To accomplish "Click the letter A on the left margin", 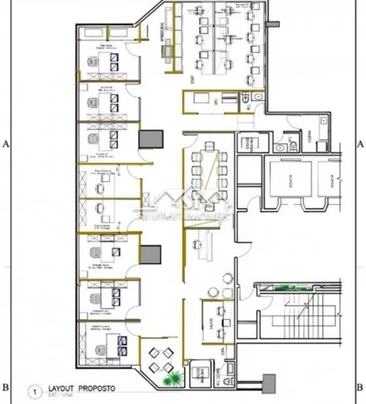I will pos(6,144).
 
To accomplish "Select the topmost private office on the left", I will pos(107,62).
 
